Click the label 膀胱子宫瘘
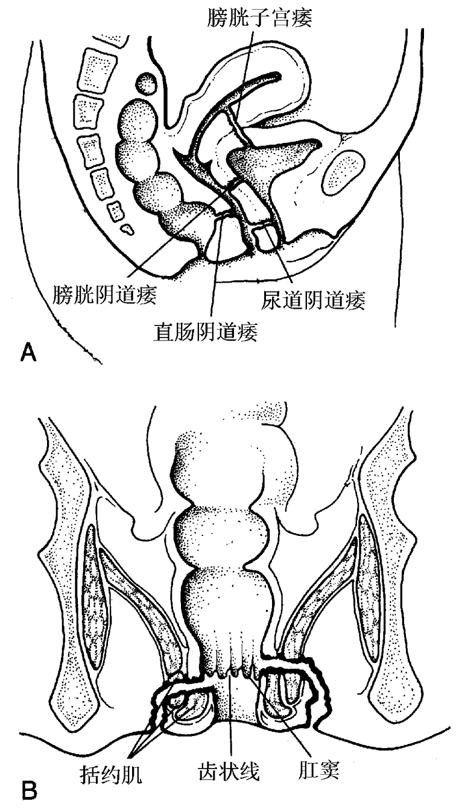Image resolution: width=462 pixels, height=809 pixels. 259,17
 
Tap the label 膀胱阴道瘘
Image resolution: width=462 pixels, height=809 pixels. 105,294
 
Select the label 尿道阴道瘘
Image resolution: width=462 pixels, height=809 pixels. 313,300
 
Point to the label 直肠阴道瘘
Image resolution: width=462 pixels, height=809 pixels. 205,332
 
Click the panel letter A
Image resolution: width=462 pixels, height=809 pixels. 29,352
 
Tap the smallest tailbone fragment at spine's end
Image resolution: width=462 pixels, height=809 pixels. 127,229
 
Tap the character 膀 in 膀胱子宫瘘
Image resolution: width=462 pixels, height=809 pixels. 217,17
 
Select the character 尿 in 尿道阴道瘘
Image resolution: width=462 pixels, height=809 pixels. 271,300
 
